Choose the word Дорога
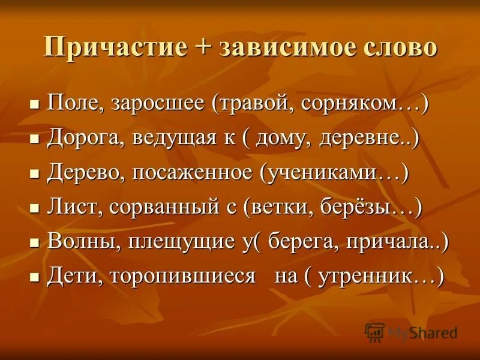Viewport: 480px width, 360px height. (80, 139)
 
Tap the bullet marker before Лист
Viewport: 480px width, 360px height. (34, 209)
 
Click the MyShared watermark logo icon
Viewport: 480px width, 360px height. (374, 332)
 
